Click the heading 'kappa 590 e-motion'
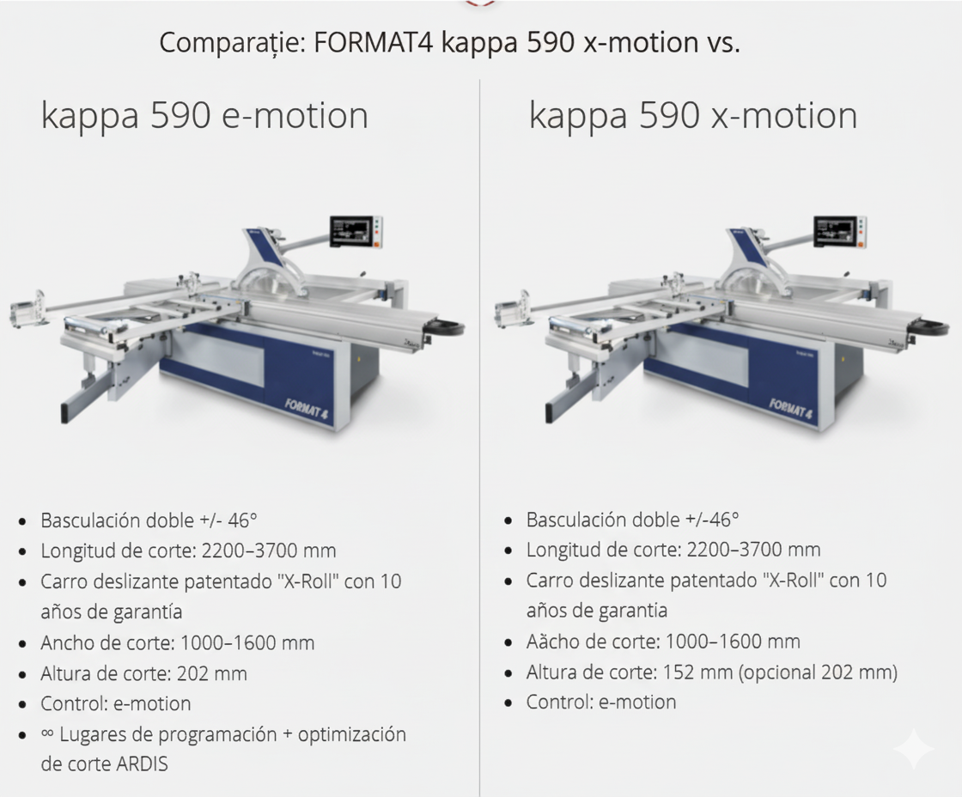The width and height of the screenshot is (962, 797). pos(204,116)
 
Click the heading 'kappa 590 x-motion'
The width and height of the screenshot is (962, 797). pos(692,116)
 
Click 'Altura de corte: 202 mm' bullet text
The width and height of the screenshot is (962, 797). pos(143,673)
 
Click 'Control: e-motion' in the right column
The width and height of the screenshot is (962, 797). pos(600,703)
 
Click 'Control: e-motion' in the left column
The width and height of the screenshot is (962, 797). pos(115,704)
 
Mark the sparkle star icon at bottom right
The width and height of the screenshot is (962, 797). pos(912,750)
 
